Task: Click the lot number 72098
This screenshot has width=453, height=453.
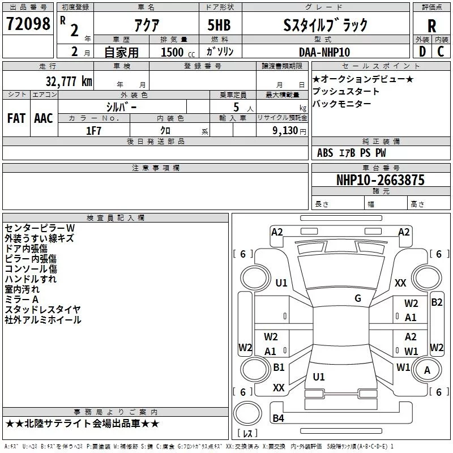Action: [28, 24]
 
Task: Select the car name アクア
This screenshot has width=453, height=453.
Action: [147, 25]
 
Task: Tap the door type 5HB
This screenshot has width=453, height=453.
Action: [219, 25]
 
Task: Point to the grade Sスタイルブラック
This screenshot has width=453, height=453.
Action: [325, 25]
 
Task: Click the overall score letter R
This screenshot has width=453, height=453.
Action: [431, 26]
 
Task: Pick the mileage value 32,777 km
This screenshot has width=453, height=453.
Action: [69, 81]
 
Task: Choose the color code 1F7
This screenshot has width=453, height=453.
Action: [93, 131]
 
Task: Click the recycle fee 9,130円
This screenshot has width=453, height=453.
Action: [289, 131]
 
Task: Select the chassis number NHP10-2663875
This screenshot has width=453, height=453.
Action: [381, 180]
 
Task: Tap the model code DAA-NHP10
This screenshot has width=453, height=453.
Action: [324, 52]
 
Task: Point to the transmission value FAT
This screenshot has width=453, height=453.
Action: [16, 118]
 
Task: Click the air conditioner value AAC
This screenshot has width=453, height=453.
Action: [44, 118]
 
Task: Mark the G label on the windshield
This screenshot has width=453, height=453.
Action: [358, 298]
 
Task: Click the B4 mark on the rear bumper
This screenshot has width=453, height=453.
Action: [278, 418]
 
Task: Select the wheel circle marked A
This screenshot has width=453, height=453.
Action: [427, 370]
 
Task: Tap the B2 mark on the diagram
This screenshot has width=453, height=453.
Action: [437, 302]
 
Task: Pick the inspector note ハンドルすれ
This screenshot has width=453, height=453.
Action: [31, 279]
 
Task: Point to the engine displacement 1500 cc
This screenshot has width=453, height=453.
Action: [178, 52]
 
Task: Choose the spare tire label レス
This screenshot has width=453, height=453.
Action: [247, 433]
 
